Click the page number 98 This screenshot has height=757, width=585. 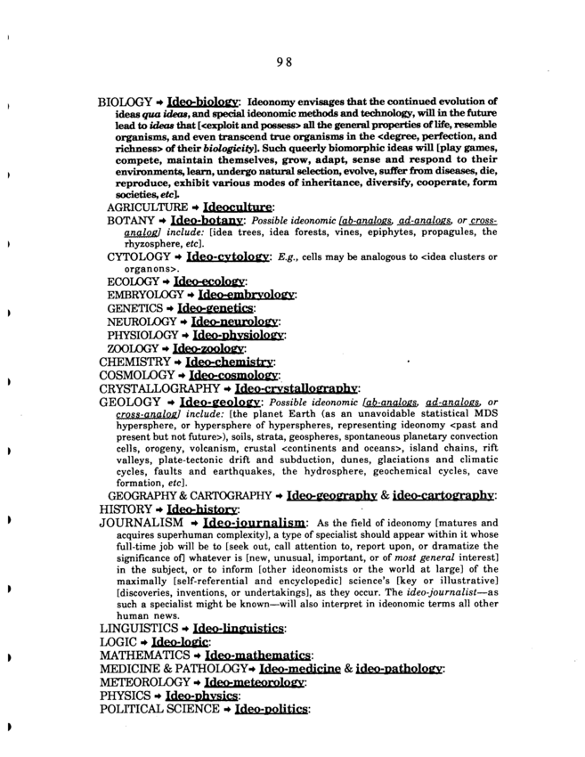(284, 61)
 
